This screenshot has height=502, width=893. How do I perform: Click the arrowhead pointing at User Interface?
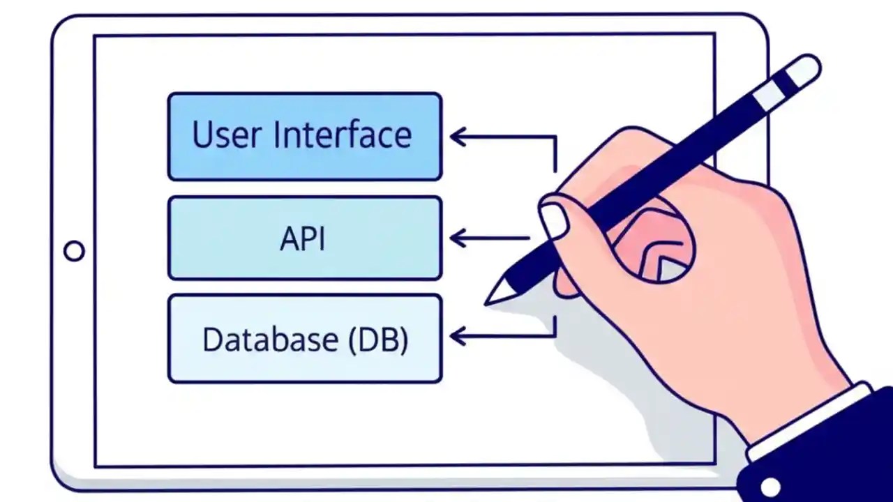pyautogui.click(x=458, y=137)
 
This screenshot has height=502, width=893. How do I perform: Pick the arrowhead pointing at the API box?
pyautogui.click(x=458, y=238)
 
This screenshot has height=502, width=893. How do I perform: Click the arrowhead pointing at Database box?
pyautogui.click(x=458, y=337)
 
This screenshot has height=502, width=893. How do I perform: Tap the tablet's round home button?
pyautogui.click(x=74, y=251)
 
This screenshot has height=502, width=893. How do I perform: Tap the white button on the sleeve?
pyautogui.click(x=770, y=486)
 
